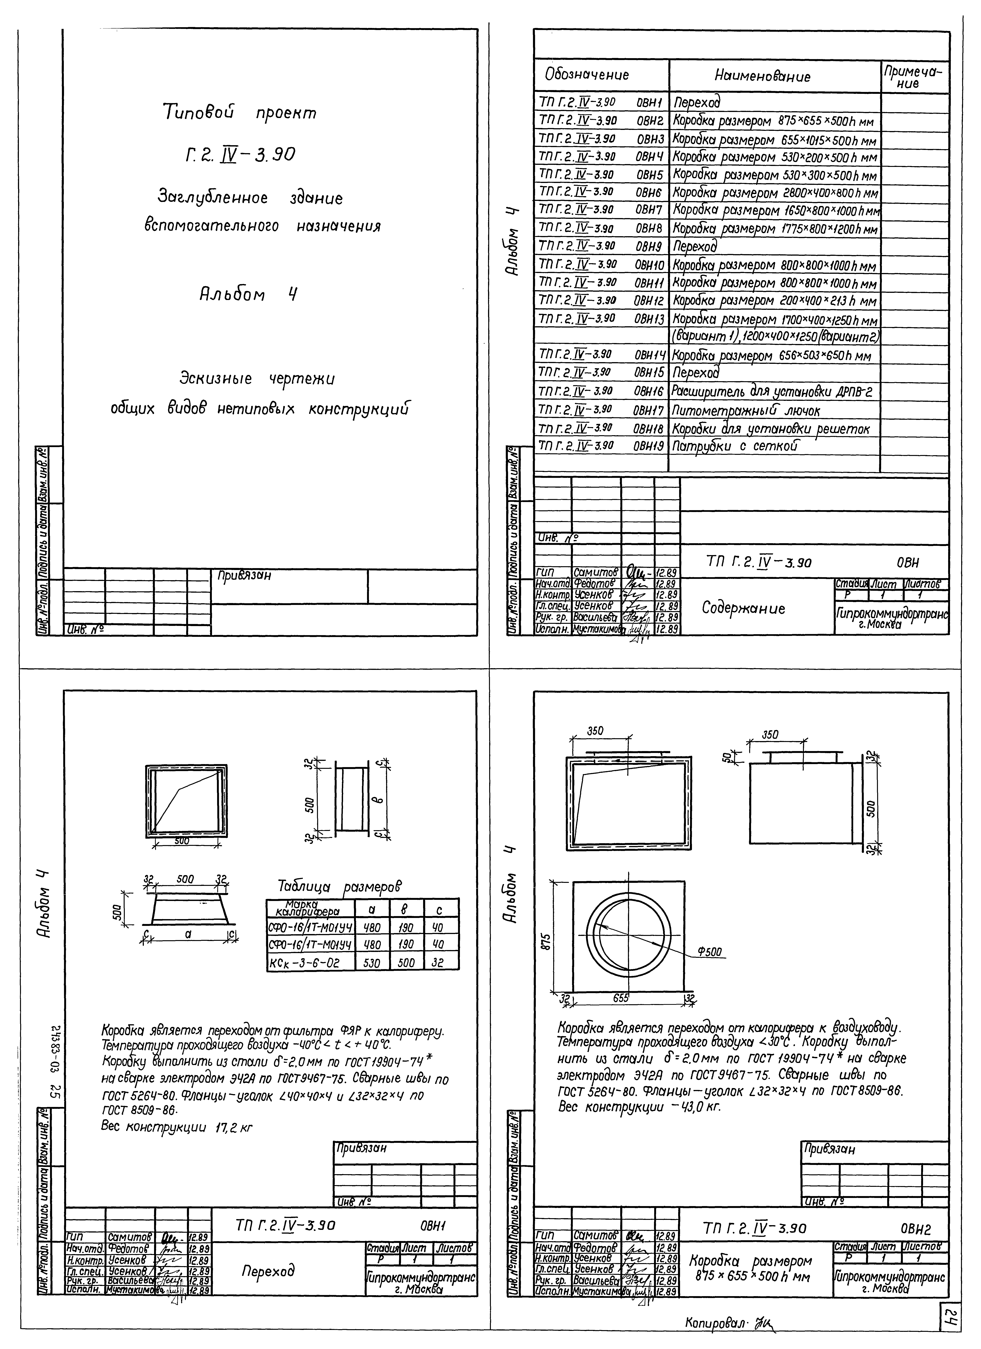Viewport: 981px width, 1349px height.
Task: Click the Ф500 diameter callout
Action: coord(710,952)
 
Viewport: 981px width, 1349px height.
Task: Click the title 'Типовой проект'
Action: coord(240,112)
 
